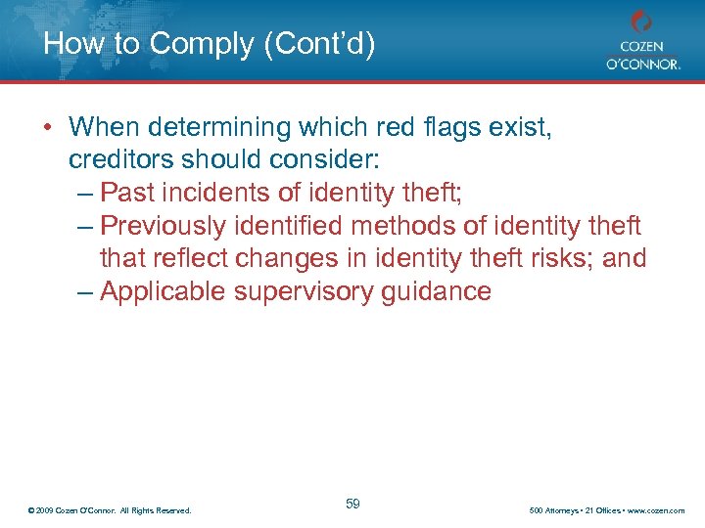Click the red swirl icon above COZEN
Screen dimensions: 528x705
tap(641, 21)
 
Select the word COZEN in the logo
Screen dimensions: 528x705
tap(641, 45)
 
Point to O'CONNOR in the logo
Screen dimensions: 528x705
tap(641, 64)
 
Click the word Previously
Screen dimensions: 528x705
tap(164, 226)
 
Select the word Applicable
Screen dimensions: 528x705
tap(167, 291)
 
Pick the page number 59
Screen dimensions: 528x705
tap(352, 504)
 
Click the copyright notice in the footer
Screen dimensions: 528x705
tap(110, 510)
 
